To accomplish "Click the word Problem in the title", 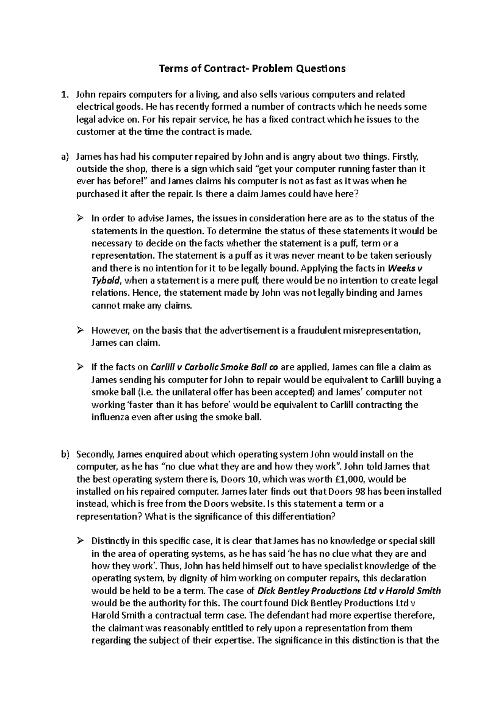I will coord(271,68).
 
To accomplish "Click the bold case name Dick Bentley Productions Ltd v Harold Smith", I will coord(349,591).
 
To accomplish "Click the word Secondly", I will coord(95,454).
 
